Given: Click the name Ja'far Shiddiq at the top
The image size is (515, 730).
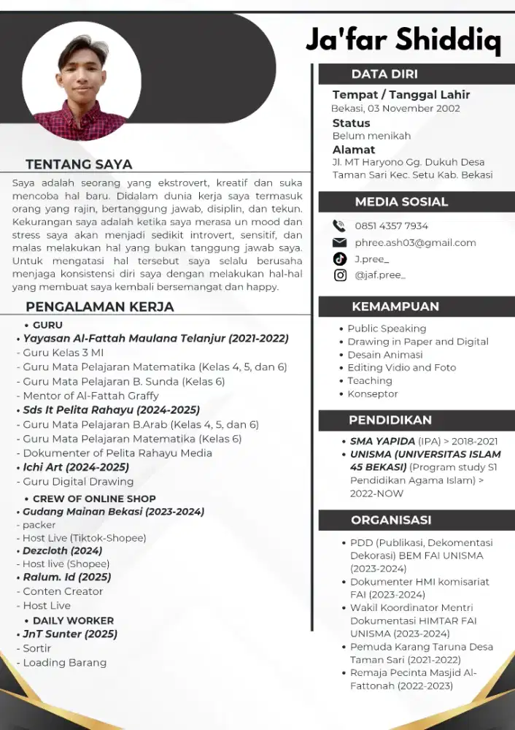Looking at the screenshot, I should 403,39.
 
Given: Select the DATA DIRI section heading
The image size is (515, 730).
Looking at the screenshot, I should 384,74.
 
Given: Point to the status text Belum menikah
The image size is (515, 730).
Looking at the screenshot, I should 371,136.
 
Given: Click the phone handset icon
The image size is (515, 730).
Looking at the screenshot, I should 339,226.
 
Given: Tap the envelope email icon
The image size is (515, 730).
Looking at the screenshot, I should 339,242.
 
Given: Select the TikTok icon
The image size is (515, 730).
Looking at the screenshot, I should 339,258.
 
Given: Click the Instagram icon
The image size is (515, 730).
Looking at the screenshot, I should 339,275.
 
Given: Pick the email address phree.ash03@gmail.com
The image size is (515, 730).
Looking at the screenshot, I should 415,242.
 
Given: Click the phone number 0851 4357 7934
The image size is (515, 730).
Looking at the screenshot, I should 391,226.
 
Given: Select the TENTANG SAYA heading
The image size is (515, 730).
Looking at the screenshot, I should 79,164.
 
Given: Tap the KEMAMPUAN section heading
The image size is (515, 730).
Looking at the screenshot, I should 395,306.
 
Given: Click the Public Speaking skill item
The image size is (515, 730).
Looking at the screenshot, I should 387,328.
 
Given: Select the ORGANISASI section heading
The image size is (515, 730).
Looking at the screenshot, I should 391,520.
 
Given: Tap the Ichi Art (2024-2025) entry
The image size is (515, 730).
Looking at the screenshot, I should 76,467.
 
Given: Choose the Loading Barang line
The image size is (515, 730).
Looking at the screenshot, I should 64,663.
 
